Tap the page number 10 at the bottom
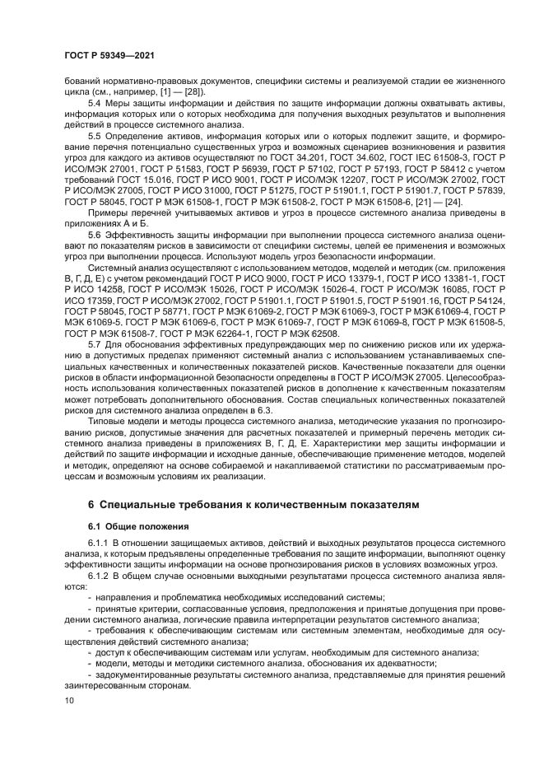click(x=67, y=700)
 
